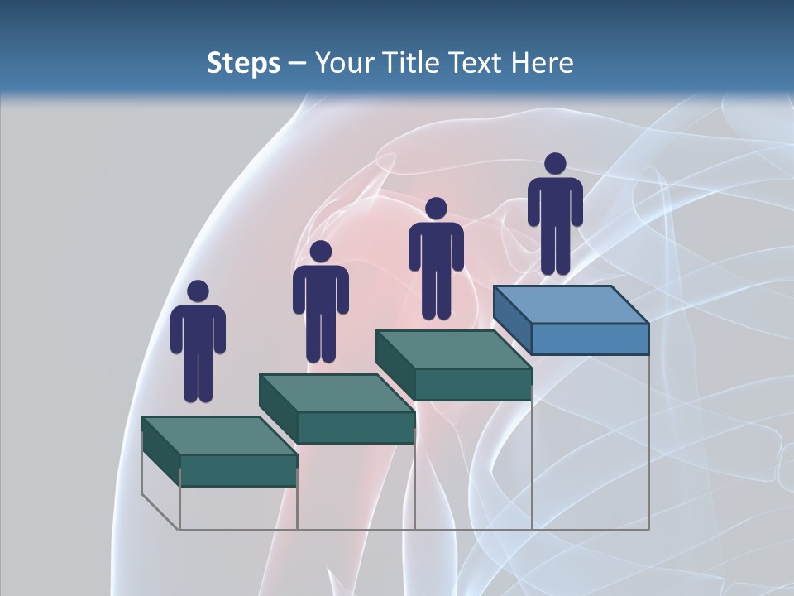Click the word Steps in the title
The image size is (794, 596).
tap(243, 63)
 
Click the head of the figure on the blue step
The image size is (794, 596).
tap(555, 164)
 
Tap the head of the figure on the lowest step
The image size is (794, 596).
tap(198, 291)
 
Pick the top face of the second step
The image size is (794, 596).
tap(336, 392)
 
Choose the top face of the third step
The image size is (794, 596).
tap(453, 349)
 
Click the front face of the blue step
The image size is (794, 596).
tap(590, 339)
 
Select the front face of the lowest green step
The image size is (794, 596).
tap(238, 470)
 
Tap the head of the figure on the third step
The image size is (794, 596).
tap(436, 208)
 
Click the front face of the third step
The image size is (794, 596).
tap(472, 383)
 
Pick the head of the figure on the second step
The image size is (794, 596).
tap(320, 252)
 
